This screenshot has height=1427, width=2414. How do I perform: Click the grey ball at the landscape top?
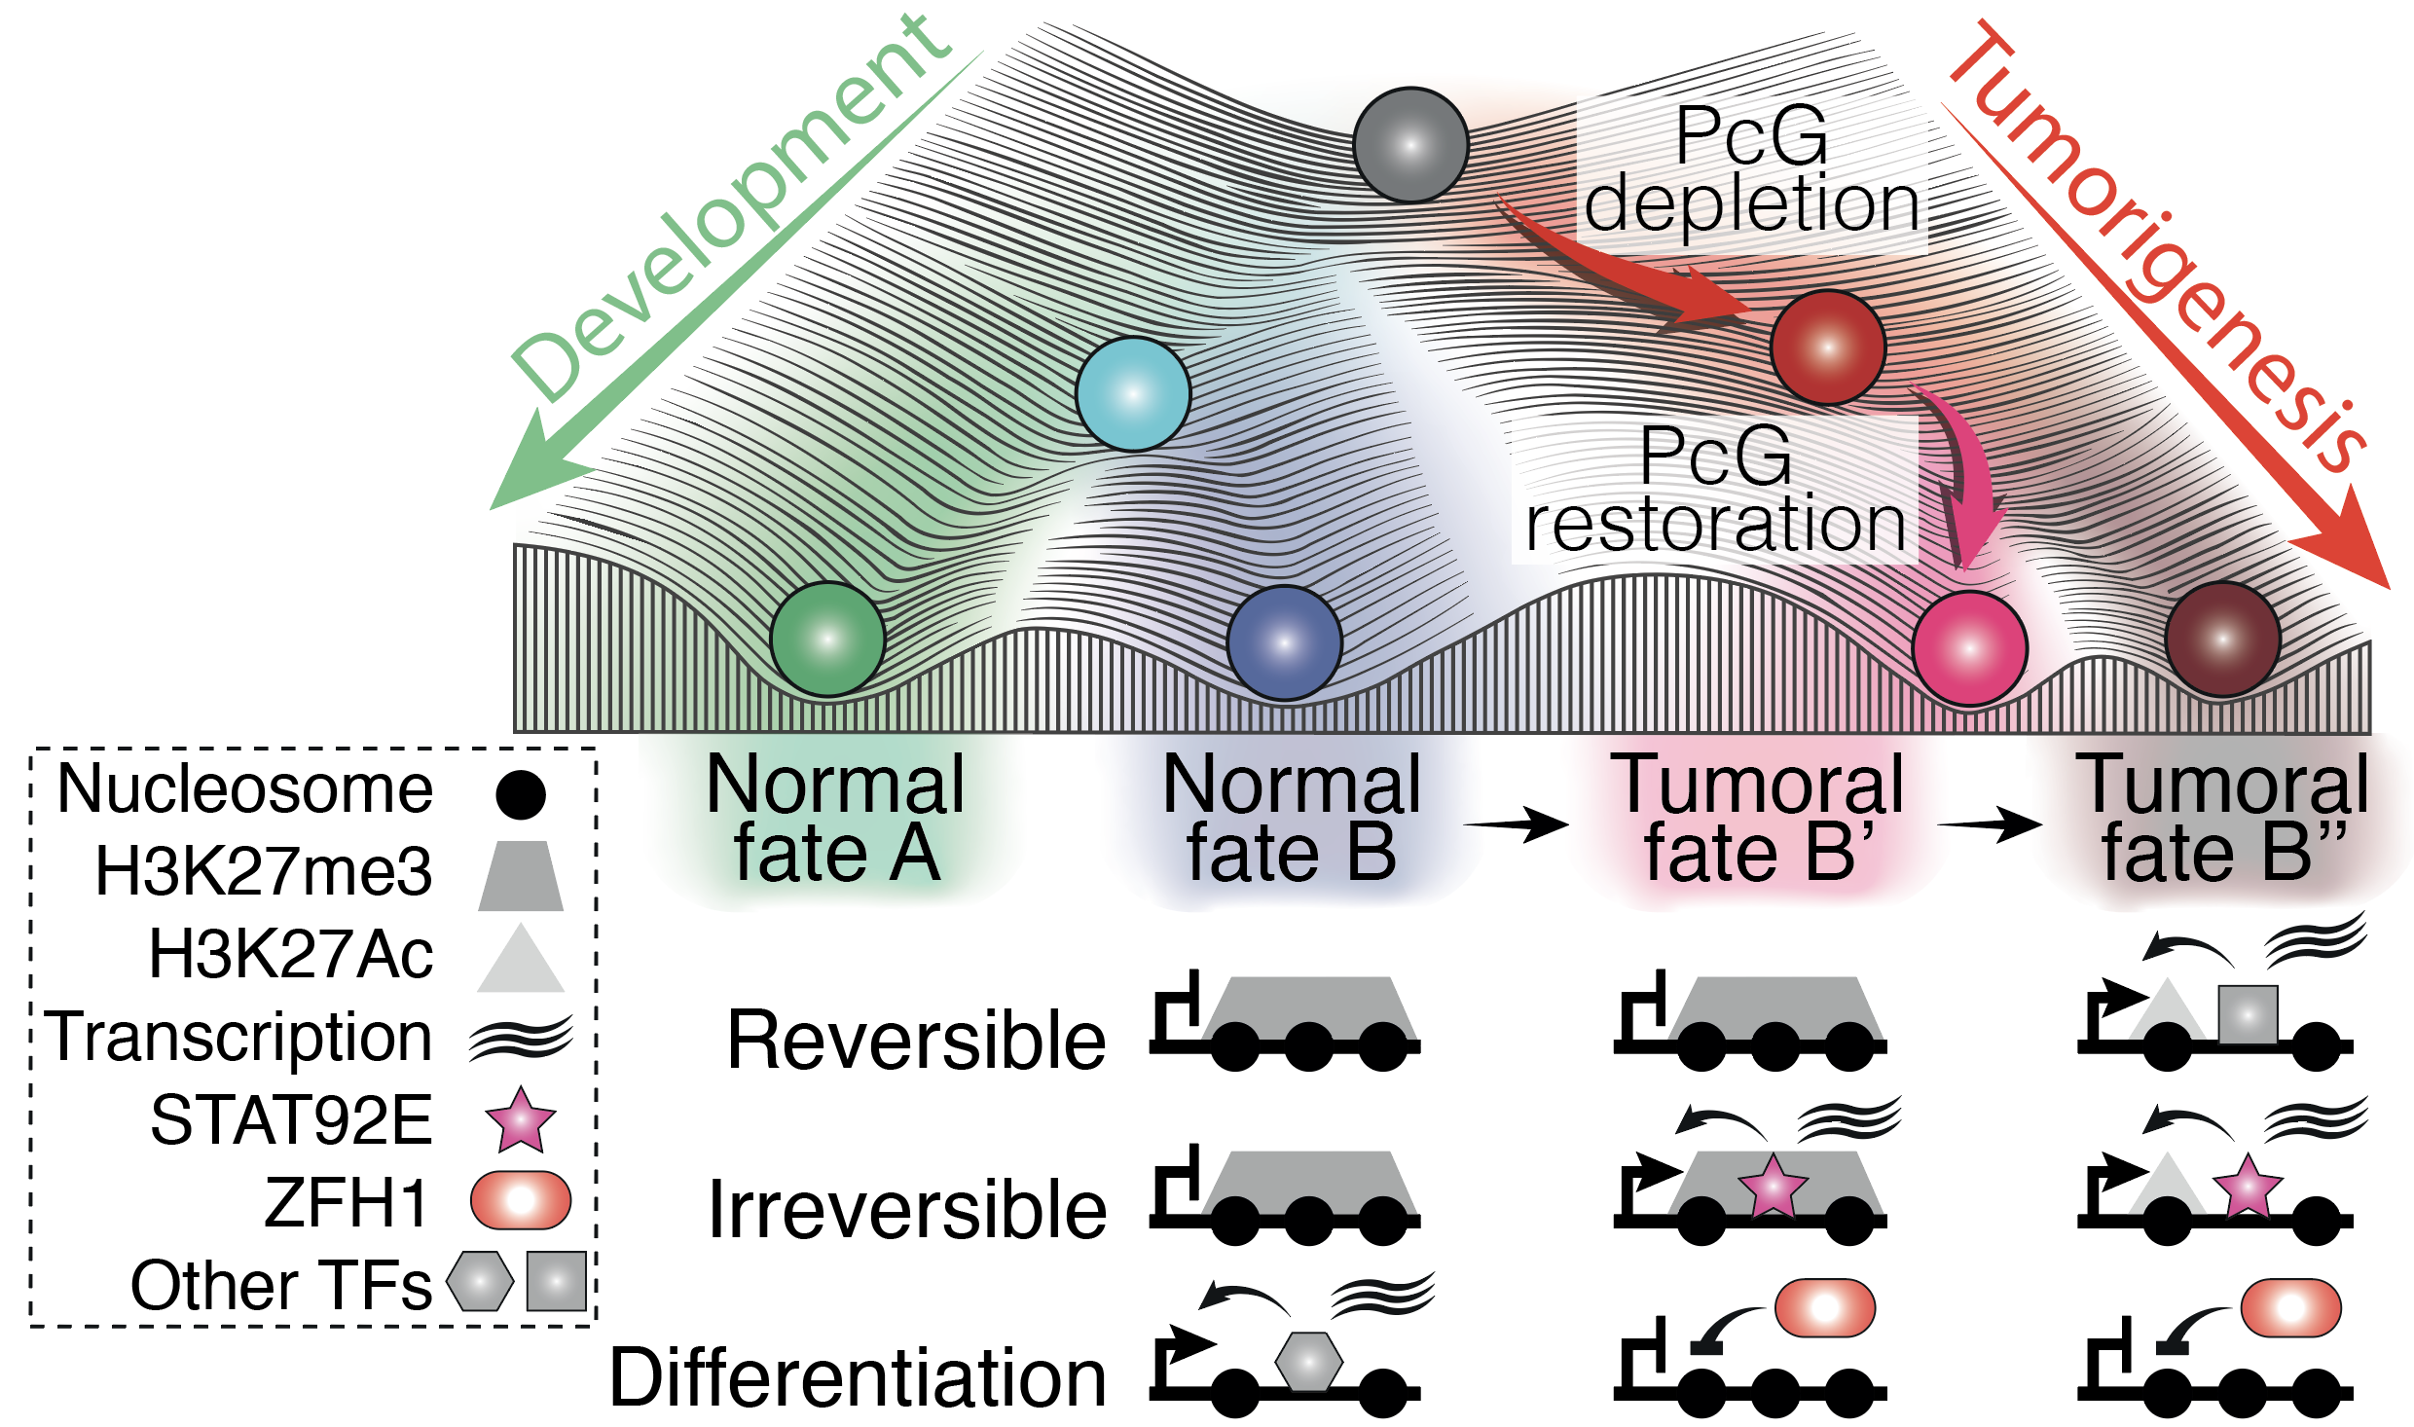click(1410, 145)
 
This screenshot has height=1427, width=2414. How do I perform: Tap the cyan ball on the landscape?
click(1133, 394)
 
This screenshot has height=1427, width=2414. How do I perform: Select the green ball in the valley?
click(827, 640)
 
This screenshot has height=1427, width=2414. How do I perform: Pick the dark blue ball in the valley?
click(1285, 643)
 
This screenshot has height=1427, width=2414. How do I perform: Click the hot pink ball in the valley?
click(1970, 647)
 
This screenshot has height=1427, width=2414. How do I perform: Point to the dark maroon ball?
click(2222, 640)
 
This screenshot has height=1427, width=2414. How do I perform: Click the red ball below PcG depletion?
click(1828, 348)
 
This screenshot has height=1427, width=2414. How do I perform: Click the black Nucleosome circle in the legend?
click(521, 794)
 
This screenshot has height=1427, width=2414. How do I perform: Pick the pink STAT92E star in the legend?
click(521, 1120)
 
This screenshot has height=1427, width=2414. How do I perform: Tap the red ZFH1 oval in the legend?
click(521, 1200)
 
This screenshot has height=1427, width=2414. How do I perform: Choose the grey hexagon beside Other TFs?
click(480, 1281)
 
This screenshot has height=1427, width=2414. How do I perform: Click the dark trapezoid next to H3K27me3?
click(521, 876)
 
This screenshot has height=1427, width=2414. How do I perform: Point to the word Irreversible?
click(907, 1210)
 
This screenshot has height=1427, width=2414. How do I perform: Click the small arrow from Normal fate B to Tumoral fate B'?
click(1517, 824)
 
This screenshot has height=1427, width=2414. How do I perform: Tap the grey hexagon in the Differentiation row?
click(1309, 1360)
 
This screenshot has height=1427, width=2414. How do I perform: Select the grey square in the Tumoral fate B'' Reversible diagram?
click(2248, 1014)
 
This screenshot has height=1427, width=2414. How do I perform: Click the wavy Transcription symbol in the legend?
click(521, 1038)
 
